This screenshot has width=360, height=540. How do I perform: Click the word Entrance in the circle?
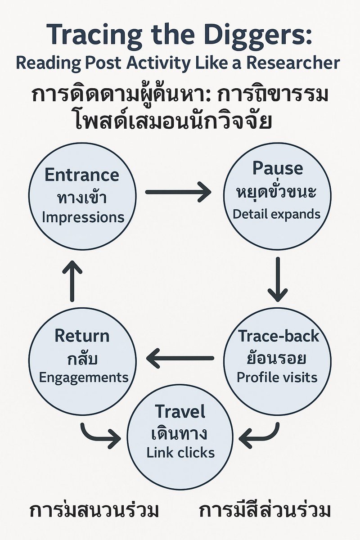81,175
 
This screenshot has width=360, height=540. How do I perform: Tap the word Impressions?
82,217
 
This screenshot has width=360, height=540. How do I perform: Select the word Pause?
277,168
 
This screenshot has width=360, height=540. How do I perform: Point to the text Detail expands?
277,214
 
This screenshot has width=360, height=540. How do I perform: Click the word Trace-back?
278,336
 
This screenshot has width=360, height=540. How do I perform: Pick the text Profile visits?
277,377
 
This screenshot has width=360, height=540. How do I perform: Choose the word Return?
81,336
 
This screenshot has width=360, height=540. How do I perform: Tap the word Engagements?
84,377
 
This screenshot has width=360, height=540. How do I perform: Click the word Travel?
180,411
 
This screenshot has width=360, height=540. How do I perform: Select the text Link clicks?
180,452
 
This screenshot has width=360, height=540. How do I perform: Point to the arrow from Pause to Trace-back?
278,279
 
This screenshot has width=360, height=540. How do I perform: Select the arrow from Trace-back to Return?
180,358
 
